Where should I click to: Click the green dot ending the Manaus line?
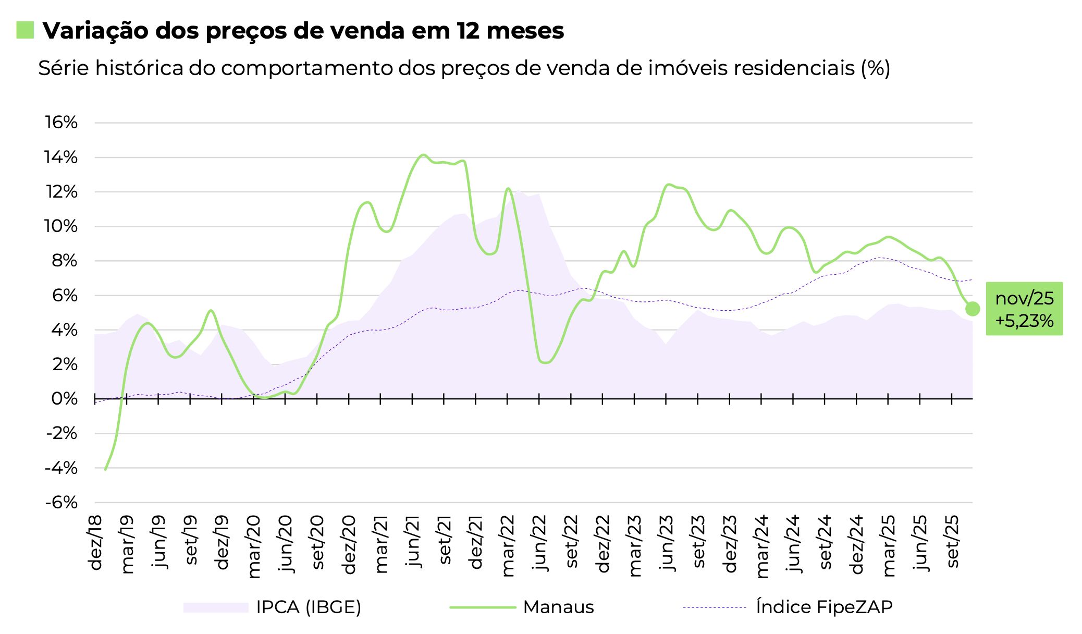pos(972,309)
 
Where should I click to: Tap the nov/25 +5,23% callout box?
pos(1024,309)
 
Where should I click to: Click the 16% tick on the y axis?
pos(62,123)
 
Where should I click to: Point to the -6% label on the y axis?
pos(62,503)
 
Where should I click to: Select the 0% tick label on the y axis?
pos(65,399)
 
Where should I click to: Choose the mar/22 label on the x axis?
pos(508,545)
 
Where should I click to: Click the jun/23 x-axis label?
pos(667,542)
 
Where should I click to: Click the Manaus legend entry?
pos(558,607)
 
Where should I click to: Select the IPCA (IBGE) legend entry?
pos(308,607)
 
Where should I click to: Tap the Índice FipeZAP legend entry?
pos(823,607)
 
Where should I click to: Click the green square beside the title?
pos(25,30)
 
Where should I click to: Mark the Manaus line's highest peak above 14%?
pos(423,155)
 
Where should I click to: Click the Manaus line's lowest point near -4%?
pos(105,469)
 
